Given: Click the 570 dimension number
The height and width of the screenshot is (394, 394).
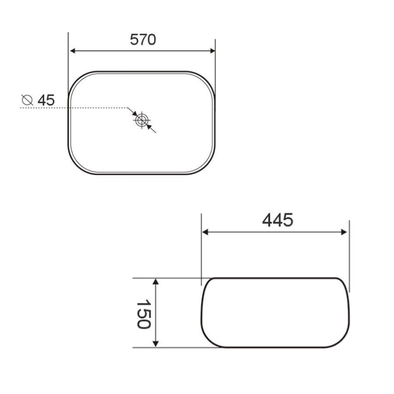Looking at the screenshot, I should coord(143,40).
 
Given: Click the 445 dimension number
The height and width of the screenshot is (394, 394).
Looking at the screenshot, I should coord(277,220).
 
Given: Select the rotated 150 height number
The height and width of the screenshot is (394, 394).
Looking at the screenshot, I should coord(143,314).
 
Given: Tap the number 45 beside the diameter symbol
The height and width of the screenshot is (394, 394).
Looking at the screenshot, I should coord(46,100).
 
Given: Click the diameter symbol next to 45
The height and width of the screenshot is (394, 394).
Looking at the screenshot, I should coord(27,100).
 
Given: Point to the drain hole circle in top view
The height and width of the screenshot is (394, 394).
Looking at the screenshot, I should coord(141,120).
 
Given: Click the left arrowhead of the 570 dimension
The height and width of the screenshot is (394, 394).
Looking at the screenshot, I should coord(73,51).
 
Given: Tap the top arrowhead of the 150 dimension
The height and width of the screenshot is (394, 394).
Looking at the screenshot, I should coord(155,282).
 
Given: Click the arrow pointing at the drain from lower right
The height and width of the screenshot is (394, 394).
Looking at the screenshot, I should coord(150,128).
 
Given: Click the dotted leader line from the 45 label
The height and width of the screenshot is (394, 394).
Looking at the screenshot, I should coord(74,108).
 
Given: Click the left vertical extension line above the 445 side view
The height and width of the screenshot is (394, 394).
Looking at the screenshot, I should coord(201,245).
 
